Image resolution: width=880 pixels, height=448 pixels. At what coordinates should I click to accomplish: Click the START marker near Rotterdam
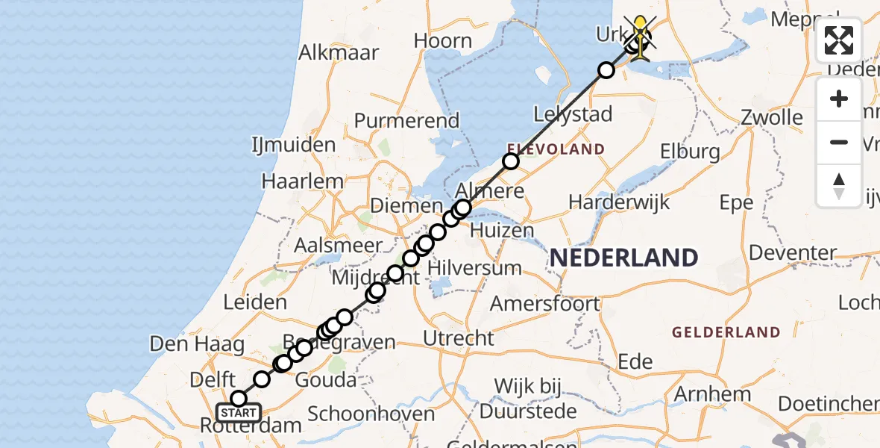point(239,412)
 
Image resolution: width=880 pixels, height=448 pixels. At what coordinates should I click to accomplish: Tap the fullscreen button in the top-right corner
point(839,40)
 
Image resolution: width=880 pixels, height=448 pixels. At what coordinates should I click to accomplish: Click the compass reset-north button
point(839,185)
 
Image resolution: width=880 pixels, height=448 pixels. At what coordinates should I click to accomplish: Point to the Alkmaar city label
point(338,53)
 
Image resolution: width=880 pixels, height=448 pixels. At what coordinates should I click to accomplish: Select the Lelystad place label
point(573,114)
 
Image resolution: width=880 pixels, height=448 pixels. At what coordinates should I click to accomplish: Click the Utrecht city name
point(458,338)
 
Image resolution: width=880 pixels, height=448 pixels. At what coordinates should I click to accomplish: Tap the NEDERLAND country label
point(623,258)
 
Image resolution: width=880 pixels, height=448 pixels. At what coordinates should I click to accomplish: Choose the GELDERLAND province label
point(726,332)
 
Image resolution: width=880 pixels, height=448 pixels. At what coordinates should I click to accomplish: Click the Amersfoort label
point(544,304)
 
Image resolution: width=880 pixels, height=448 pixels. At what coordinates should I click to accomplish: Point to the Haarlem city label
point(303,181)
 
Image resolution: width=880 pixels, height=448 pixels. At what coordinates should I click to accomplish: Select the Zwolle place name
point(771,118)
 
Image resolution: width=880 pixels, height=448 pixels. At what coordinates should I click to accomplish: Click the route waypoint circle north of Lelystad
point(606,70)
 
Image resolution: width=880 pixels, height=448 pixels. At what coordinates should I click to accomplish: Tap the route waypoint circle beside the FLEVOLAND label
point(511,161)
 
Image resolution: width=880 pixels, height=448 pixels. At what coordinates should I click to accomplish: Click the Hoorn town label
point(443,41)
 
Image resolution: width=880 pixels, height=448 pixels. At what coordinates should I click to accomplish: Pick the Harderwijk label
point(619,202)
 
